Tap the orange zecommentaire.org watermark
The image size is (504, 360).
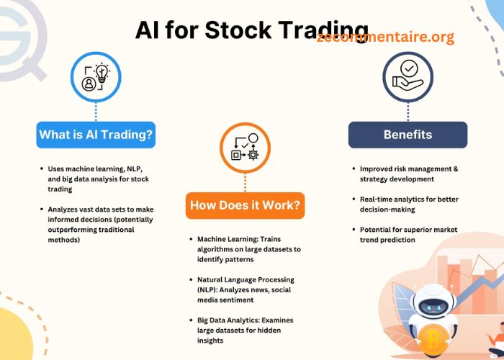click(385, 37)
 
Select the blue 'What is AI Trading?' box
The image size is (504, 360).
click(96, 135)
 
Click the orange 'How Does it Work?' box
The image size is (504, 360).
click(245, 206)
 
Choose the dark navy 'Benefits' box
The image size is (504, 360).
click(408, 135)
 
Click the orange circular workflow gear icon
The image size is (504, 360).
click(245, 148)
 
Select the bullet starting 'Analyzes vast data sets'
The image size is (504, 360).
click(100, 224)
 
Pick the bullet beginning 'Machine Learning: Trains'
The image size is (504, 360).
click(248, 248)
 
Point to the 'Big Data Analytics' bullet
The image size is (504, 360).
click(245, 330)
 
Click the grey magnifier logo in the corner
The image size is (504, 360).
click(22, 36)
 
